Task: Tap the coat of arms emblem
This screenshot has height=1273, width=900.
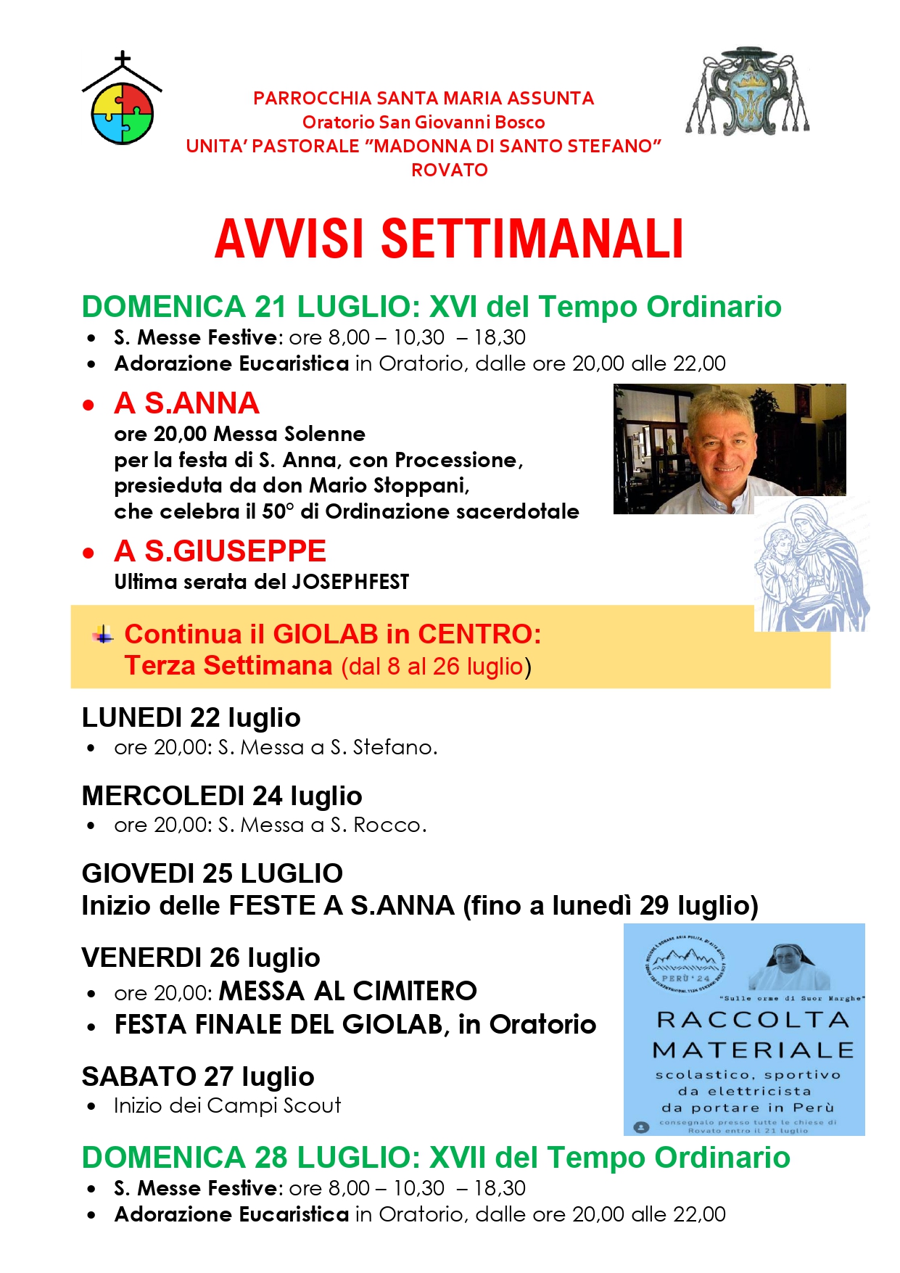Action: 748,93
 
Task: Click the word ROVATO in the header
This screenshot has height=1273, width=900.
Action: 450,170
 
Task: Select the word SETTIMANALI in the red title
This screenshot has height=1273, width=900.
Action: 532,239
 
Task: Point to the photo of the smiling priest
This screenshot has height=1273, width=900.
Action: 729,448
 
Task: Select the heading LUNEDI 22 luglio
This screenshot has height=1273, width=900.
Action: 191,718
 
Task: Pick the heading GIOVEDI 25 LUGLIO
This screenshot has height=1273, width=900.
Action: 212,874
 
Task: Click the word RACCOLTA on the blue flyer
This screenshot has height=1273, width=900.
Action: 753,1021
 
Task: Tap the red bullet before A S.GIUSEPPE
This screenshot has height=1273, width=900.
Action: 88,553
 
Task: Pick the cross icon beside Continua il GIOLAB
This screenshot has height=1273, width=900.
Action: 103,635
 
